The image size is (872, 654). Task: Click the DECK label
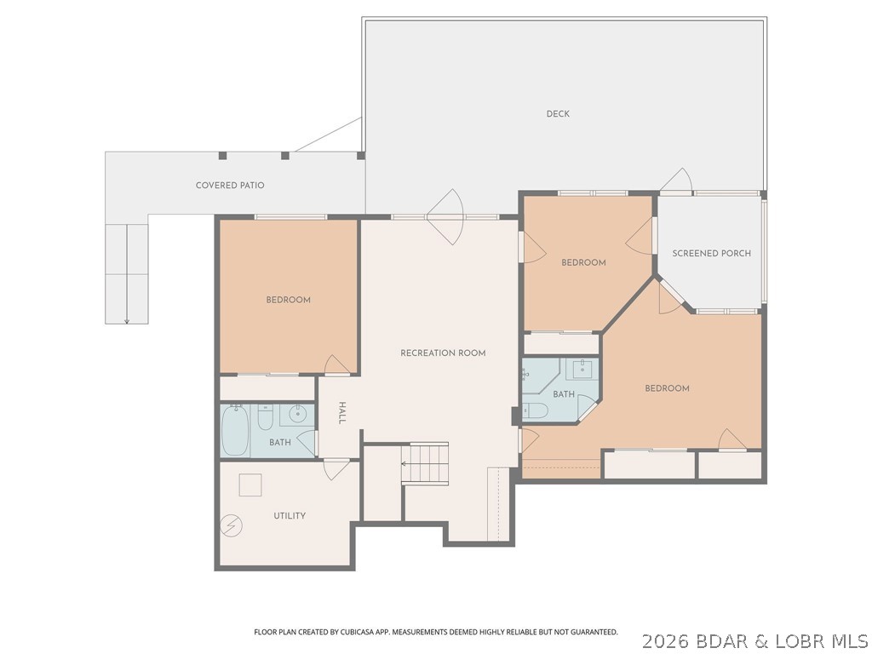point(558,114)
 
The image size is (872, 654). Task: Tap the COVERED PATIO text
point(230,186)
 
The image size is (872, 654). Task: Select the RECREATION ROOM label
point(443,353)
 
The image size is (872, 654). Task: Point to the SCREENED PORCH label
point(711,254)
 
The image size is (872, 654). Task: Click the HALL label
point(342,413)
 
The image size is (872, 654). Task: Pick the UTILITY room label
point(290,516)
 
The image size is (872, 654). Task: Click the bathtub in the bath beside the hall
point(236,432)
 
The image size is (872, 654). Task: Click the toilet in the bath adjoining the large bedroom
point(536,410)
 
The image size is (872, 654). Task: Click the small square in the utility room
point(250,484)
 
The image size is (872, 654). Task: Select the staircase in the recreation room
point(426,464)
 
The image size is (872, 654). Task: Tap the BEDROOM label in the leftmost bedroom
point(288,300)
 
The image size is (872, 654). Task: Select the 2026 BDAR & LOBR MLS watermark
point(754,640)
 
